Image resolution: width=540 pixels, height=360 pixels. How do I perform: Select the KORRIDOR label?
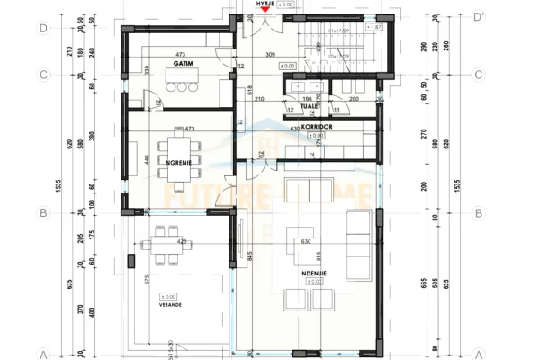coord(318,128)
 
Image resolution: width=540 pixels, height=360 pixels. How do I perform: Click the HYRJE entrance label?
coord(265,4)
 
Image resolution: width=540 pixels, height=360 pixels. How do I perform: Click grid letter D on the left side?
coord(42,28)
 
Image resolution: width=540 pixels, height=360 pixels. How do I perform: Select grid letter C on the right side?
coord(479,75)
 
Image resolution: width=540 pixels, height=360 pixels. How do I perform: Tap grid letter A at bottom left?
coord(42,354)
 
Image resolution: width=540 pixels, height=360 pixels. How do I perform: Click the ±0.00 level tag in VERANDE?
coord(168,296)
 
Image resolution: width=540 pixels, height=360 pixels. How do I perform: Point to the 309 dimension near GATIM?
coord(270,57)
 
